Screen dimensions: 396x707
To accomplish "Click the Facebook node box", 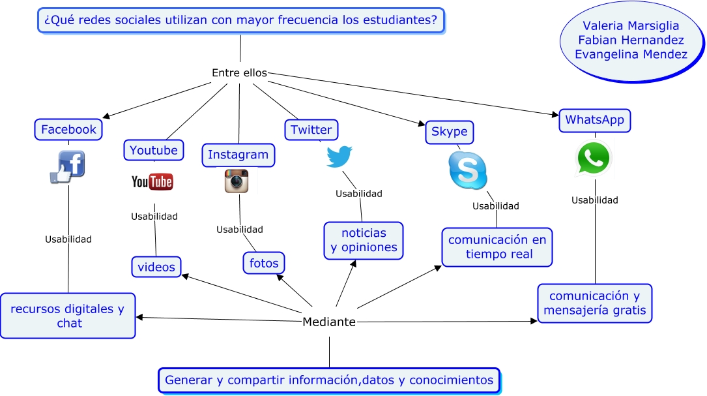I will point(68,129).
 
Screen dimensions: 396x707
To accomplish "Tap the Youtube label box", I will point(154,150).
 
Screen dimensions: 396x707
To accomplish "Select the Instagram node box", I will point(238,155).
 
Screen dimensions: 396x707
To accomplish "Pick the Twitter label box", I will point(311,129).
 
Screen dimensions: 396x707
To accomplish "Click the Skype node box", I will point(449,132).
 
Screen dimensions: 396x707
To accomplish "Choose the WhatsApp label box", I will point(594,120).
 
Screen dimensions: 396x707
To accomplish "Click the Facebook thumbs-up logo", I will point(68,166).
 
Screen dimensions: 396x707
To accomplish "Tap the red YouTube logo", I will point(152,181).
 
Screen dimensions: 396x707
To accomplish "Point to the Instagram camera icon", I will point(237,181).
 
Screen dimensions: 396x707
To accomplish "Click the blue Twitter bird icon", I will point(339,157).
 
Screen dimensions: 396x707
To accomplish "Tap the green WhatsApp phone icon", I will point(594,159).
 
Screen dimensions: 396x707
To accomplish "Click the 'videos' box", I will point(156,267).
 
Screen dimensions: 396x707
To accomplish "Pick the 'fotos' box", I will point(264,264).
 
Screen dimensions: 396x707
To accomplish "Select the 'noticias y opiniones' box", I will point(364,241).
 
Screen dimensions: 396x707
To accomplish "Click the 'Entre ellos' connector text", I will point(239,73).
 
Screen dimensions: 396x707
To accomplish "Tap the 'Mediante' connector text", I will point(329,322).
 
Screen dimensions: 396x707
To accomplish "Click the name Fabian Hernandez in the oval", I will point(631,40).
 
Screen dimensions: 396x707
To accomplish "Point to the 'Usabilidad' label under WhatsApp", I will point(594,200).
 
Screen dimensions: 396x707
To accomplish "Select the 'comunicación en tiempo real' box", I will point(497,247).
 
